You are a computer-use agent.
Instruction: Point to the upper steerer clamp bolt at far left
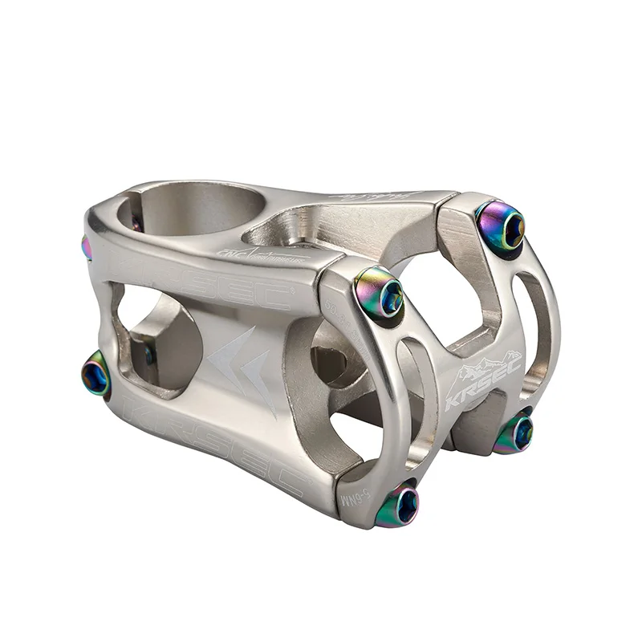click(x=87, y=248)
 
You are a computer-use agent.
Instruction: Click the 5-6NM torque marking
click(x=352, y=489)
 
